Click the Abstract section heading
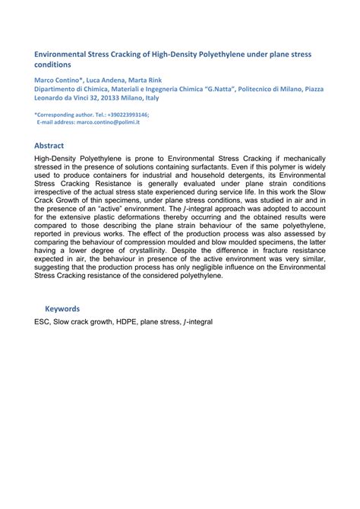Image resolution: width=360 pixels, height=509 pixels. click(49, 145)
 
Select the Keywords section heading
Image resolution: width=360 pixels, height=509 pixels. click(62, 309)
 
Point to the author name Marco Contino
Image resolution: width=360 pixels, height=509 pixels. click(58, 79)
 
